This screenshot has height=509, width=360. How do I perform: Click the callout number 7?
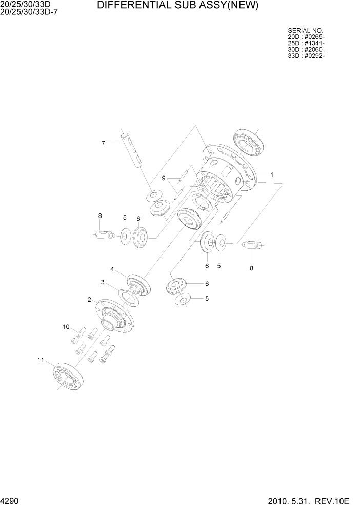(103, 143)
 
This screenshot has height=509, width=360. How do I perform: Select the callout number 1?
(272, 174)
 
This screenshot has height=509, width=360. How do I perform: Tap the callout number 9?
(164, 178)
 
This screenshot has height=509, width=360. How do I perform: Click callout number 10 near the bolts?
(66, 327)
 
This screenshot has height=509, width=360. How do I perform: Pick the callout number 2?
(89, 299)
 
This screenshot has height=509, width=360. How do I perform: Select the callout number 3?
(103, 282)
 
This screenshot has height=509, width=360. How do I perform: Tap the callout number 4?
(112, 269)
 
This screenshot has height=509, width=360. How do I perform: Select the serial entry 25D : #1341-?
(306, 43)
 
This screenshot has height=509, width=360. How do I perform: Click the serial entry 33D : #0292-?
(306, 55)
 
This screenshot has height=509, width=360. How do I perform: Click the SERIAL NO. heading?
(305, 31)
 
